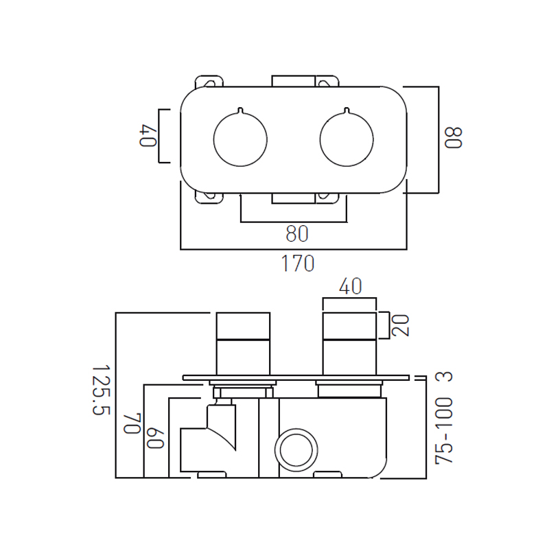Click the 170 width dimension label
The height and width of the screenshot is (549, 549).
[298, 264]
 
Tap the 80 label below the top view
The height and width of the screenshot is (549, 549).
[297, 234]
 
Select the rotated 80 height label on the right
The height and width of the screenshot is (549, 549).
[454, 138]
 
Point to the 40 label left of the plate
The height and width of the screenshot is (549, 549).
[148, 137]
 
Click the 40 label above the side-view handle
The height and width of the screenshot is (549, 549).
[350, 286]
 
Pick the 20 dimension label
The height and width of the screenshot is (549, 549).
[400, 325]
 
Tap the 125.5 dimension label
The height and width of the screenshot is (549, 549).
[101, 390]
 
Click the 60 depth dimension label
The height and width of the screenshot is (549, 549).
[156, 438]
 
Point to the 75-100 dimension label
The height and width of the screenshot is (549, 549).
[444, 432]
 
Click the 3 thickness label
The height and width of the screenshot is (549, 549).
[444, 377]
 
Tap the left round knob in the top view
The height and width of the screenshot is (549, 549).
[240, 139]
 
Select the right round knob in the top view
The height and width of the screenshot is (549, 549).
[347, 139]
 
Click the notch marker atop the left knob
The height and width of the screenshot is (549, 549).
[240, 110]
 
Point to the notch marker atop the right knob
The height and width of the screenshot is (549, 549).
[347, 110]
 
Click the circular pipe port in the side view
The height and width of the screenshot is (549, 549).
[296, 449]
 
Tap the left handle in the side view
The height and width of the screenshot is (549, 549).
[244, 344]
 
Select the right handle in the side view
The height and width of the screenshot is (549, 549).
[349, 344]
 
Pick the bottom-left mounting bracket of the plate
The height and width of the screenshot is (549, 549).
[209, 198]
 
